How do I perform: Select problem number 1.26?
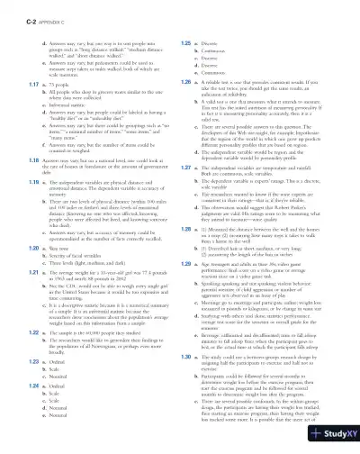pyautogui.click(x=186, y=81)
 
